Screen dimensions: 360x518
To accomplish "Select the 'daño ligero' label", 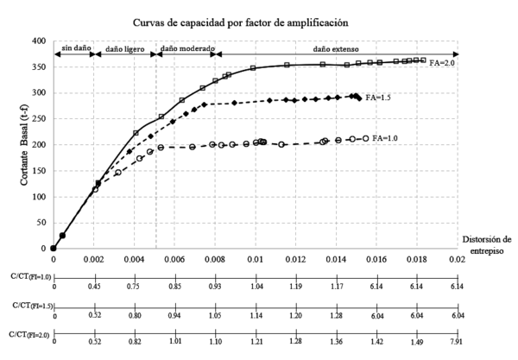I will (123, 48).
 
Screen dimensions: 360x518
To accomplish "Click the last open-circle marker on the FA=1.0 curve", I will (365, 138).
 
